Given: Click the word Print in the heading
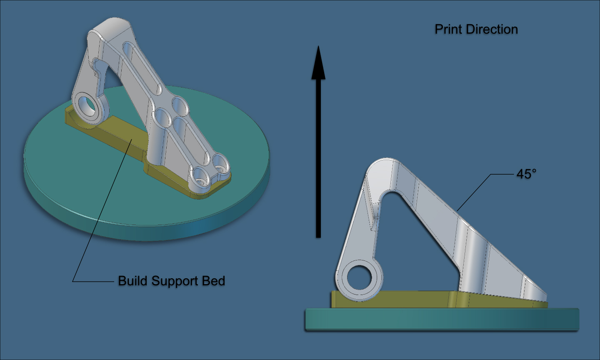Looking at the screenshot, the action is coord(449,29).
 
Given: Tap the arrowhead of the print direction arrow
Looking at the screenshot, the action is coord(318,62).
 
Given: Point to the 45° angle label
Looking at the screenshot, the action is coord(526,174).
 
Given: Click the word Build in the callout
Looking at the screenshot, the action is coord(131,281).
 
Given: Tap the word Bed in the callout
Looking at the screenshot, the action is coord(213,281).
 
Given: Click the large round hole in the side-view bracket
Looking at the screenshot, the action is coord(359,278).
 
